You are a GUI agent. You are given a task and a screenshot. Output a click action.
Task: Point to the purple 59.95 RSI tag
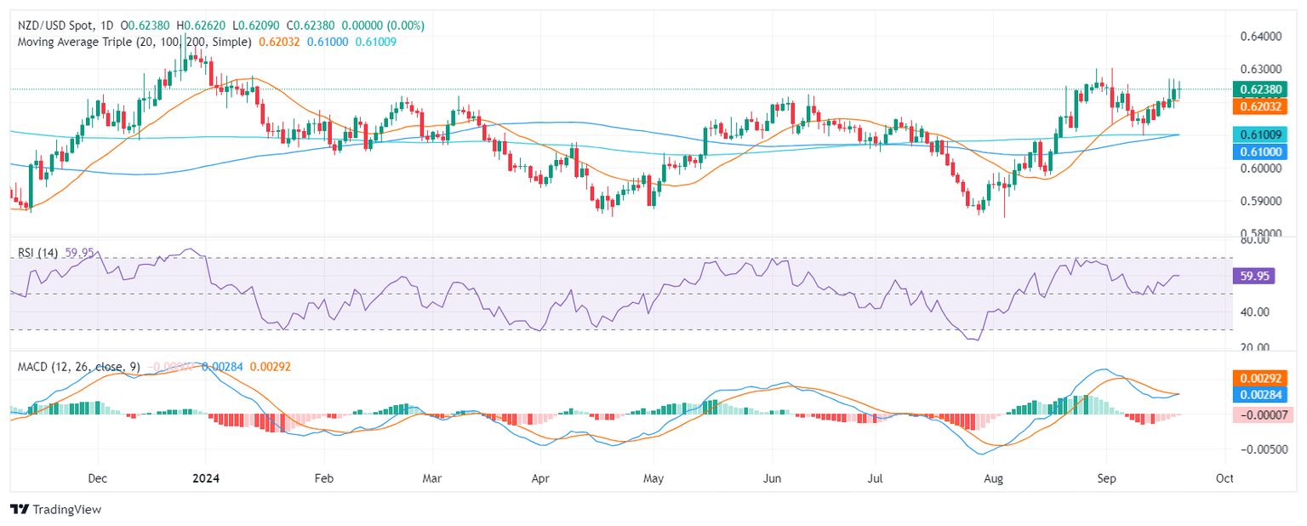(x=1253, y=275)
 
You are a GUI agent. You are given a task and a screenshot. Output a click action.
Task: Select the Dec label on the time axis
(x=96, y=479)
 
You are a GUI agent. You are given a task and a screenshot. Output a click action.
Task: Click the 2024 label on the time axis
(x=205, y=479)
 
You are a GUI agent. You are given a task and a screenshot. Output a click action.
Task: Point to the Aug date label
(x=994, y=479)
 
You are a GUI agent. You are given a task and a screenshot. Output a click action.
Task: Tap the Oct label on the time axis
(x=1224, y=479)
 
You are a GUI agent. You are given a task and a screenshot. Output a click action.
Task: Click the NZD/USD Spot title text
(x=57, y=26)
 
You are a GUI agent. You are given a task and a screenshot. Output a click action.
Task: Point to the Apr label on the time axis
(x=540, y=479)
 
